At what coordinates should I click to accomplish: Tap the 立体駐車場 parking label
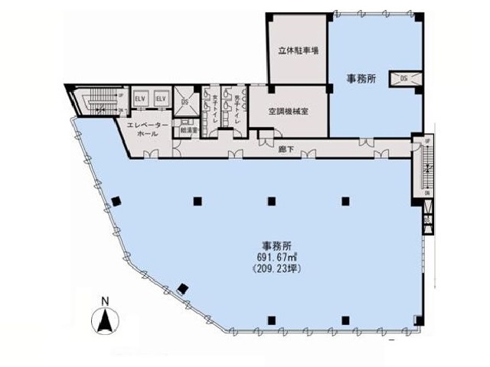coord(299,50)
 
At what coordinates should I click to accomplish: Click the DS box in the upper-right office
coord(405,77)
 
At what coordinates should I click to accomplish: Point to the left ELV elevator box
coord(141,100)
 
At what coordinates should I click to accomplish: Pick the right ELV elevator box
coord(161,100)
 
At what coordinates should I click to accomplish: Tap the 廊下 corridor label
coord(285,149)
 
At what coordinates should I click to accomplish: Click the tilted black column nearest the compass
coord(181,288)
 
